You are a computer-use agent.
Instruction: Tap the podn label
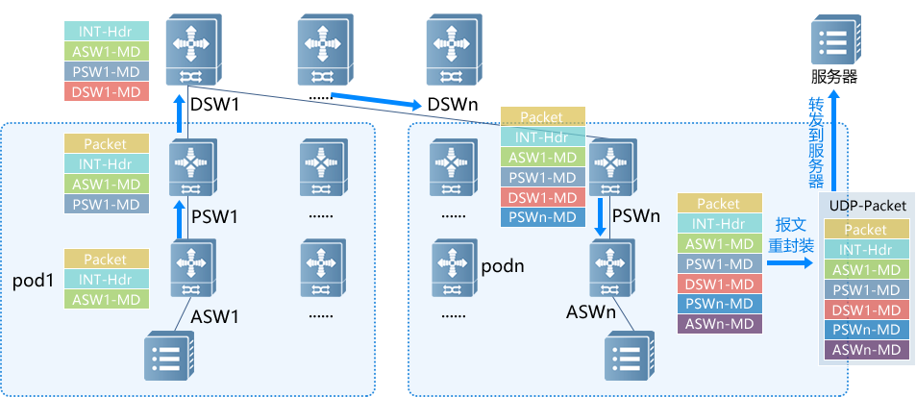coord(502,264)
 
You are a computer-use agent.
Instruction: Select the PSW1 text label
coord(215,216)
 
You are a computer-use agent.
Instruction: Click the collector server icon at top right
coord(832,39)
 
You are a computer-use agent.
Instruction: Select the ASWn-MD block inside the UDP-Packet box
coord(865,351)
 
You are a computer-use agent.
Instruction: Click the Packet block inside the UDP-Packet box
coord(865,230)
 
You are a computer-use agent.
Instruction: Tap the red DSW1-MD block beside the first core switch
coord(106,91)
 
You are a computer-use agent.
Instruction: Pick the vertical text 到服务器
coord(815,154)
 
